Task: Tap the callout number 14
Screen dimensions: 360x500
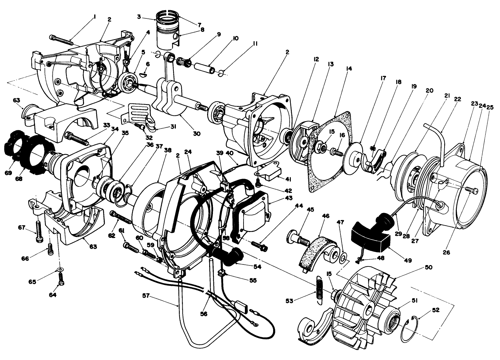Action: pos(349,68)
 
